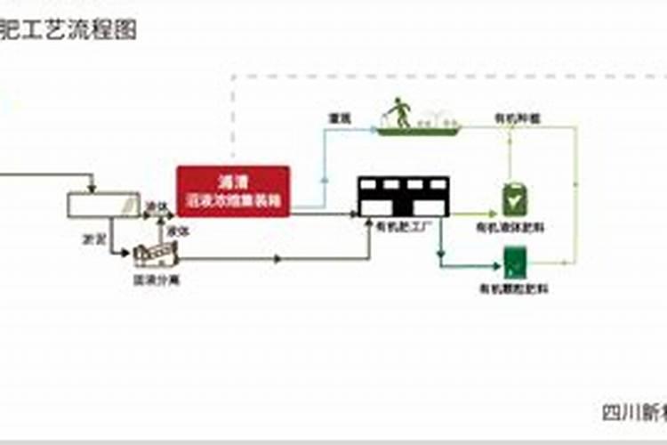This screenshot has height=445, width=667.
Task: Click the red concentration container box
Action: (233, 190)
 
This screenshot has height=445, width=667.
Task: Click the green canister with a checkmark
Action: (512, 199)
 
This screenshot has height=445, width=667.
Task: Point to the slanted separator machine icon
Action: (157, 255)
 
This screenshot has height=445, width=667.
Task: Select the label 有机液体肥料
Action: (510, 227)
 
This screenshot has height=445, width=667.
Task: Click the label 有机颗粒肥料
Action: (514, 288)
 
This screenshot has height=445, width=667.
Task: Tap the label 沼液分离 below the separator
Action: (155, 279)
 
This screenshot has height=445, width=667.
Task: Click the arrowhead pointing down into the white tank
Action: (92, 187)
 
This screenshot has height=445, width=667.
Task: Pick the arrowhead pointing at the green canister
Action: (492, 214)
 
